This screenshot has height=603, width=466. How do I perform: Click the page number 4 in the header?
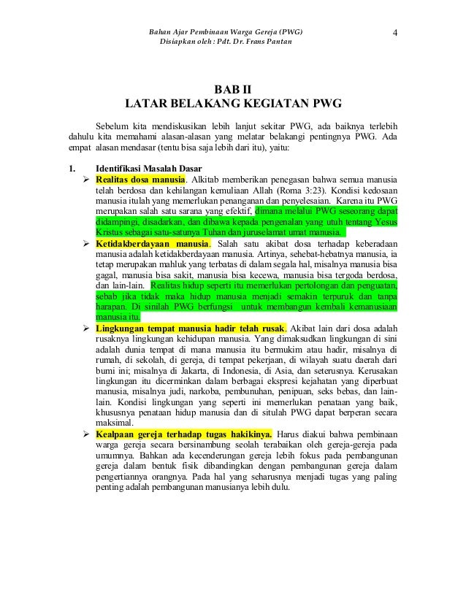pyautogui.click(x=394, y=32)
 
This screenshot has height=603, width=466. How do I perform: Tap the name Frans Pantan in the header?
pyautogui.click(x=270, y=44)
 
